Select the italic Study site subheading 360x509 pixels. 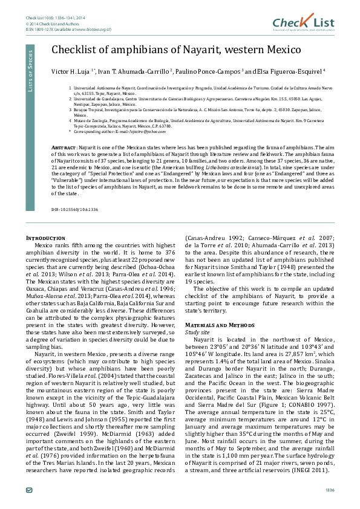pyautogui.click(x=198, y=332)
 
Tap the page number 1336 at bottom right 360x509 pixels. pyautogui.click(x=330, y=489)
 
